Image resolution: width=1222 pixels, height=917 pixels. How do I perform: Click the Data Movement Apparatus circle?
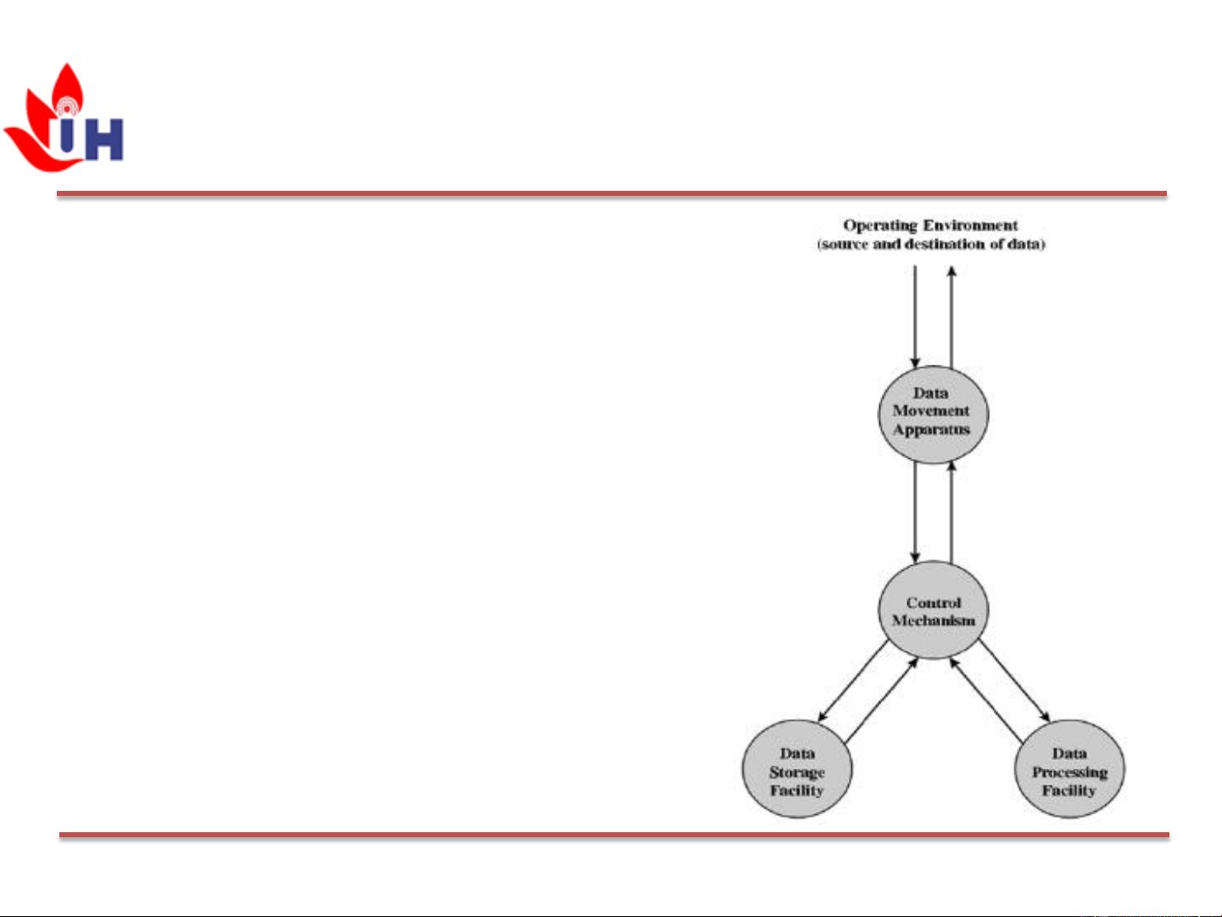click(933, 413)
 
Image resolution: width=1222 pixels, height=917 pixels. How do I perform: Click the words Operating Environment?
click(930, 226)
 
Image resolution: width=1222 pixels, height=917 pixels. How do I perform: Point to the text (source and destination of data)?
click(930, 244)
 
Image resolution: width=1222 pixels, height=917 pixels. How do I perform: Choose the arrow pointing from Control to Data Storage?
click(853, 680)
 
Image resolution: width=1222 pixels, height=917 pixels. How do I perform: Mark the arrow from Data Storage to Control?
click(882, 700)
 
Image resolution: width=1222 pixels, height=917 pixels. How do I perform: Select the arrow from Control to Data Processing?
click(1014, 680)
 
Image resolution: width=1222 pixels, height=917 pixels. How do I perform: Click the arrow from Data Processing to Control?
click(986, 700)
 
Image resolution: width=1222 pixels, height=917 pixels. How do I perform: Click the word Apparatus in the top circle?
click(931, 429)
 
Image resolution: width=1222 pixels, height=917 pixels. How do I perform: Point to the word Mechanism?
click(933, 621)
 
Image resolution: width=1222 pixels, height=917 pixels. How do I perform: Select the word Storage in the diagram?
click(797, 772)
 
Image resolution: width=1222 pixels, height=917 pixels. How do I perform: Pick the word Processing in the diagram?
click(1069, 772)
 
